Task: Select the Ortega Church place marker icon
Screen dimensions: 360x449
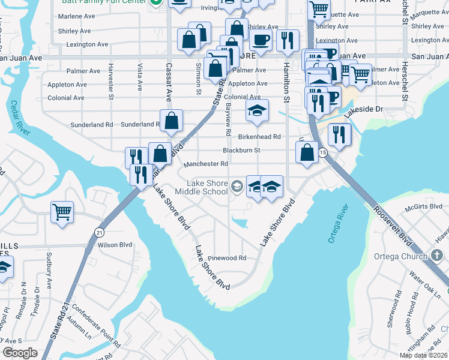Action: click(437, 256)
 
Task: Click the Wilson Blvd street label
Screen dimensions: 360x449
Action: click(115, 245)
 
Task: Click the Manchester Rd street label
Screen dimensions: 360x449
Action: click(206, 164)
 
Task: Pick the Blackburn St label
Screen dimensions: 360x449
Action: click(241, 150)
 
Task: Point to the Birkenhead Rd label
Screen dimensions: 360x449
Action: click(259, 137)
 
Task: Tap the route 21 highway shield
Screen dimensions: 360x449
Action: click(99, 232)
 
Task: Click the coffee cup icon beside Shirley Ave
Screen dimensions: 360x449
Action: click(260, 40)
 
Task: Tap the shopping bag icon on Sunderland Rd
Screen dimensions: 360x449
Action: click(172, 119)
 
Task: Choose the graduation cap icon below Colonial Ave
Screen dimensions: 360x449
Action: click(256, 111)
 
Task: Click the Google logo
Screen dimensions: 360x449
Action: click(20, 353)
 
